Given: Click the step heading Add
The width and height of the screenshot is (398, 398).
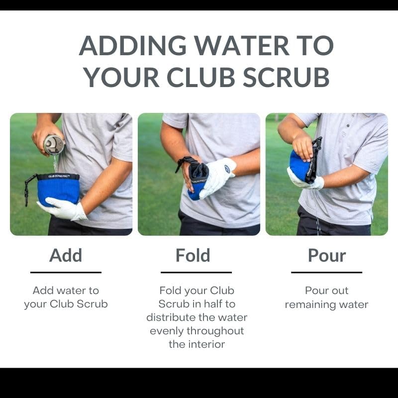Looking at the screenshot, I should [x=66, y=255].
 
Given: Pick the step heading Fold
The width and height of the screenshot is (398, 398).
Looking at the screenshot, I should [x=193, y=255].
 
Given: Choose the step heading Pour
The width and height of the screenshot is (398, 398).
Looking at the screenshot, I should [x=326, y=255].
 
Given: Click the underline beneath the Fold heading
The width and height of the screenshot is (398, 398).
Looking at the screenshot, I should [x=196, y=272].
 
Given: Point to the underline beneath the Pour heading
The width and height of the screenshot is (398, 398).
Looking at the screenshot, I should [x=326, y=272].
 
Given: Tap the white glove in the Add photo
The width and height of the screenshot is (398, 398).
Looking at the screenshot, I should [x=65, y=208].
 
